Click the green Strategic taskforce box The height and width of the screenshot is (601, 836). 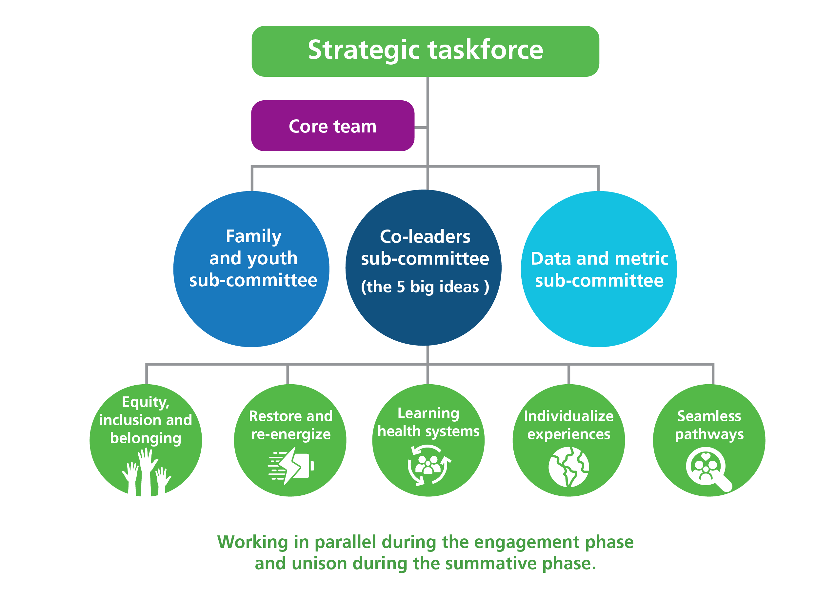[x=425, y=51]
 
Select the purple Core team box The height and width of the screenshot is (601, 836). [x=332, y=126]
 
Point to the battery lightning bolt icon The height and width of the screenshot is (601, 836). [x=291, y=466]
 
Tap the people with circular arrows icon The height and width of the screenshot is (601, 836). [x=428, y=465]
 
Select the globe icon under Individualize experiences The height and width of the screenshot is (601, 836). [x=568, y=467]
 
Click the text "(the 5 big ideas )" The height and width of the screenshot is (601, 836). [x=425, y=287]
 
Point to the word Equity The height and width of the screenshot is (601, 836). [x=145, y=402]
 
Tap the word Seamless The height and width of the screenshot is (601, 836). [x=709, y=416]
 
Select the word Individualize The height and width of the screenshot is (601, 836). [x=568, y=416]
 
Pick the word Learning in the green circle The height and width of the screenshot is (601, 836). [x=428, y=413]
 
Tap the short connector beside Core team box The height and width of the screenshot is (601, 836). [x=421, y=128]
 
